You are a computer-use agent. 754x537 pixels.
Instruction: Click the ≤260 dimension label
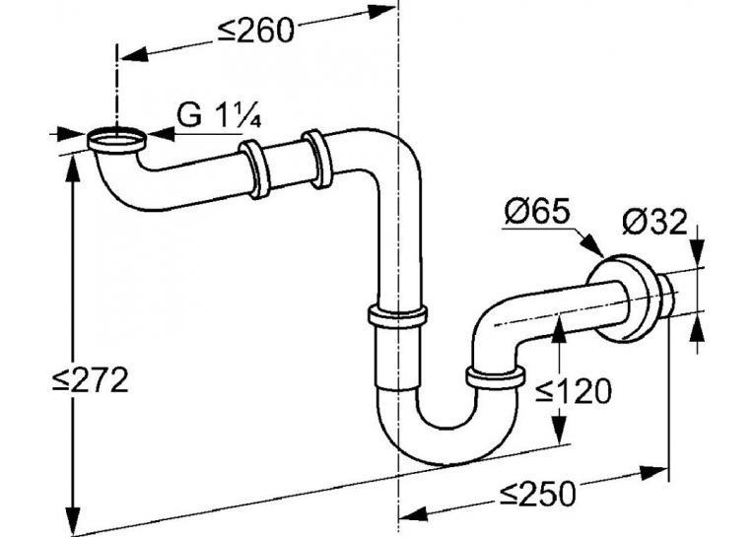[x=255, y=32]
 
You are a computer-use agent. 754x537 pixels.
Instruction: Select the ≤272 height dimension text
[x=91, y=381]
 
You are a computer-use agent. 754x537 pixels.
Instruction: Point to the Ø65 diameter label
[x=536, y=212]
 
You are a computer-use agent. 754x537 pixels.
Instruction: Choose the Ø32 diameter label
[x=654, y=223]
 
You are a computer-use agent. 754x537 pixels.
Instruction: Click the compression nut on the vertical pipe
[x=397, y=317]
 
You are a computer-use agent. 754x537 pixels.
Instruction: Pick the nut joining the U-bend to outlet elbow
[x=495, y=377]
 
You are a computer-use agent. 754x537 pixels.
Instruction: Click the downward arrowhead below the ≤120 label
[x=558, y=425]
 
